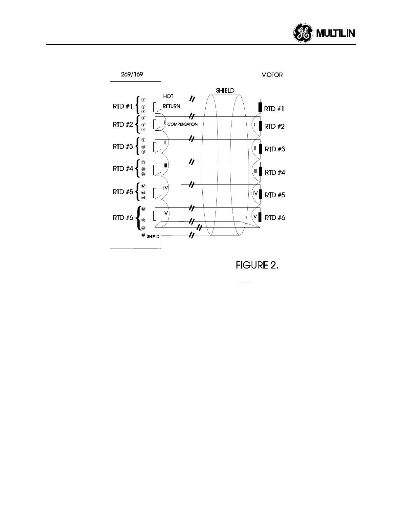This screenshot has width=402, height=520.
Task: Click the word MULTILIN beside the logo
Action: point(336,34)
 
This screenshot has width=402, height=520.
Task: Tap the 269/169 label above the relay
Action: point(132,74)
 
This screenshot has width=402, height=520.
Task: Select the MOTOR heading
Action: point(272,75)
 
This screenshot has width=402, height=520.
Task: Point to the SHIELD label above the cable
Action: point(225,91)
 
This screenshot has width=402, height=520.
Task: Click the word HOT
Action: point(168,96)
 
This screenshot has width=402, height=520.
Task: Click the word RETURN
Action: point(171,106)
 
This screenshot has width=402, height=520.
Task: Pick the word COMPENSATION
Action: point(183,124)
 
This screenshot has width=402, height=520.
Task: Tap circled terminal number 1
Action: point(144,99)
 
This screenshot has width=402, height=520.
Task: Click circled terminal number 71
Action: point(144,162)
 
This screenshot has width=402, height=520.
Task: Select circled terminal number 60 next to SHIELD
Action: point(143,235)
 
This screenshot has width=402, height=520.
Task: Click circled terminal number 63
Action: point(144,209)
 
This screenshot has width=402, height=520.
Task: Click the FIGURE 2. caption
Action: point(257,265)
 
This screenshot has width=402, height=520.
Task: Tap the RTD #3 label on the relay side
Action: point(123,146)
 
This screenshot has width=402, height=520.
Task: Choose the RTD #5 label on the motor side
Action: point(275,195)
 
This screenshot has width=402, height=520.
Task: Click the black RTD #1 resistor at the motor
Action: point(260,108)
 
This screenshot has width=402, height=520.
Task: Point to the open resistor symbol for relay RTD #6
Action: point(155,217)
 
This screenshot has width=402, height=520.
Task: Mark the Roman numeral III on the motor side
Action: point(255,171)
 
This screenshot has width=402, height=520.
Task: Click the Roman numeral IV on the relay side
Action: point(166,188)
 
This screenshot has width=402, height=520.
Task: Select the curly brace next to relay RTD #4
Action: point(139,168)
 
